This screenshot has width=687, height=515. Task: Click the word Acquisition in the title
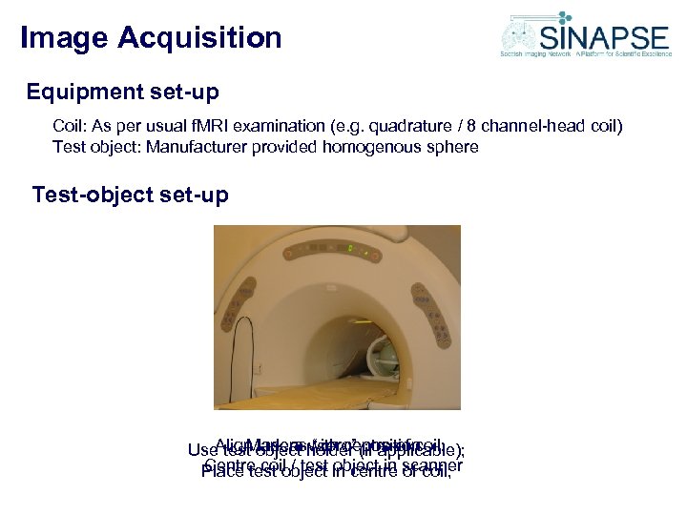pos(200,38)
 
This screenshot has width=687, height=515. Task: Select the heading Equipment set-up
pos(123,93)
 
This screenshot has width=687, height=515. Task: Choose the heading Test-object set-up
pos(130,196)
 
